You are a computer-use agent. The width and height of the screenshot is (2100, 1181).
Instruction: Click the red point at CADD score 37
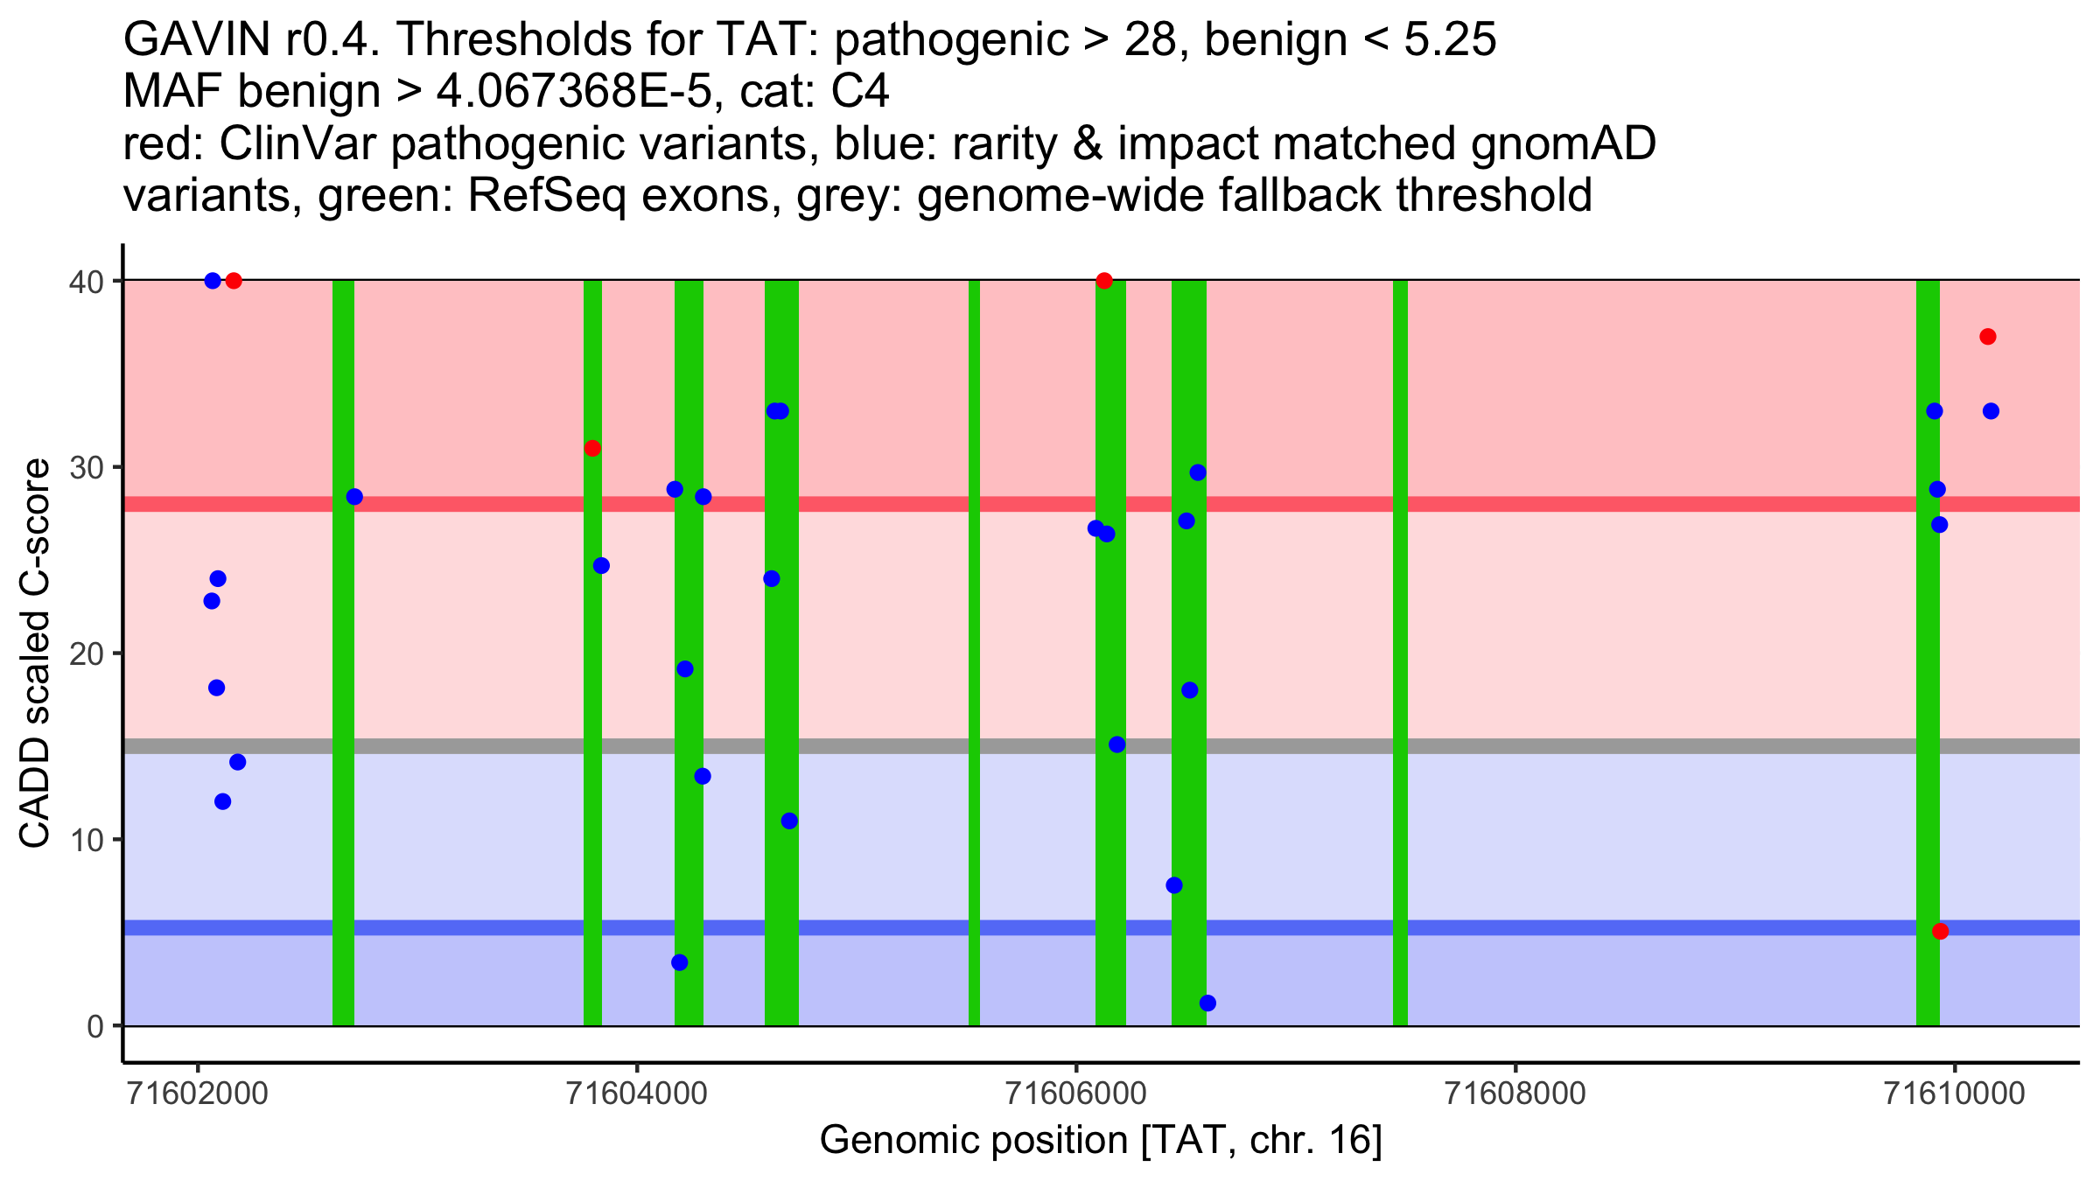[x=1988, y=337]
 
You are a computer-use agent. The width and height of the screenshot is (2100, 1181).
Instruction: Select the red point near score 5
[x=1941, y=931]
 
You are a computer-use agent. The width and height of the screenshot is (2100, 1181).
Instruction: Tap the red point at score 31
[x=592, y=448]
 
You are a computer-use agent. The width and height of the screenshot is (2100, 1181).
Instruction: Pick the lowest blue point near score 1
[x=1207, y=1003]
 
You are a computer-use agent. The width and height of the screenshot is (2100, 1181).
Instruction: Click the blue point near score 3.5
[x=680, y=962]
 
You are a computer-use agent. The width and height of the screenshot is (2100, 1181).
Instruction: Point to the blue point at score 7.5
[x=1174, y=885]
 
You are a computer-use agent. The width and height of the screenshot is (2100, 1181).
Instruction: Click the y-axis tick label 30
[x=86, y=467]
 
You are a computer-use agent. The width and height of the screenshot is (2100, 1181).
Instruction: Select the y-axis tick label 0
[x=95, y=1026]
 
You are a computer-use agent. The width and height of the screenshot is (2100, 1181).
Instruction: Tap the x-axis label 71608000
[x=1515, y=1094]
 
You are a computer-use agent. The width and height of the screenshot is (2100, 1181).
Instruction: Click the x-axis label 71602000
[x=198, y=1094]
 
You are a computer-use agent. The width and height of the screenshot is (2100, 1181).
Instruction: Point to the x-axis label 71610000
[x=1954, y=1094]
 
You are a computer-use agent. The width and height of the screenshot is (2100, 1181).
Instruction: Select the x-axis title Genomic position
[x=1101, y=1141]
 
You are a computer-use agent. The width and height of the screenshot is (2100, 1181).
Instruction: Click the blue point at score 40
[x=213, y=281]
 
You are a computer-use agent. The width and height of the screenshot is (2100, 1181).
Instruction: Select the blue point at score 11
[x=789, y=821]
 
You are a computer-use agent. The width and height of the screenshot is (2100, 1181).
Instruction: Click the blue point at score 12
[x=223, y=801]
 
